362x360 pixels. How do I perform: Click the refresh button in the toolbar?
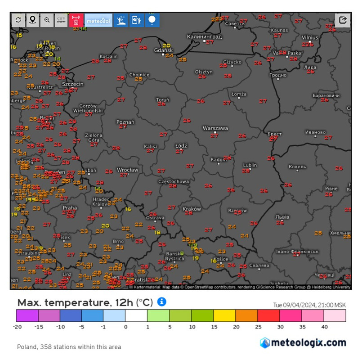[x=18, y=20]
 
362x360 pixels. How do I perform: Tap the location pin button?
[x=32, y=20]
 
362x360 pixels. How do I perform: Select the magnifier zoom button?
[x=47, y=20]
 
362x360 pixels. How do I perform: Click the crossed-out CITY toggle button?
[x=61, y=20]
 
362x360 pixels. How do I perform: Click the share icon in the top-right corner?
[x=343, y=20]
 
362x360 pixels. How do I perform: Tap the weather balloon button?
[x=152, y=20]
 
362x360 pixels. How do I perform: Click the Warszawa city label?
[x=215, y=128]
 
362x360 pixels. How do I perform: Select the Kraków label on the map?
[x=192, y=209]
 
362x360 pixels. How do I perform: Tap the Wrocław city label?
[x=127, y=170]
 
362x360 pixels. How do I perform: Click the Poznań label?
[x=125, y=122]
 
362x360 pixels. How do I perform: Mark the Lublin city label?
[x=250, y=165]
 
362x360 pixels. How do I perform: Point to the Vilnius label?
[x=309, y=37]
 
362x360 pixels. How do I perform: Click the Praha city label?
[x=70, y=208]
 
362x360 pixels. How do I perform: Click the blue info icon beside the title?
[x=162, y=301]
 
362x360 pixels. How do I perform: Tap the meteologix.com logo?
[x=303, y=343]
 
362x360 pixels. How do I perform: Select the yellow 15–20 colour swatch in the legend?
[x=224, y=315]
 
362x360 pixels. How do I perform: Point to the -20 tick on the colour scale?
[x=18, y=327]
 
